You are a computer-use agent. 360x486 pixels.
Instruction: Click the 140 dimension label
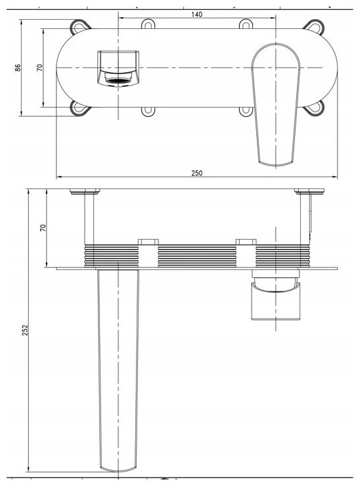pos(196,14)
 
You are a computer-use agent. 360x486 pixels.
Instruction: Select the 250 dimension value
pos(196,173)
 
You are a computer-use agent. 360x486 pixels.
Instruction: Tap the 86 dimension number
pos(18,68)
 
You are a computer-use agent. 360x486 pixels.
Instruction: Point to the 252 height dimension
pos(25,330)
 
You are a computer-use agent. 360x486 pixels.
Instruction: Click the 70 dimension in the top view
pos(39,68)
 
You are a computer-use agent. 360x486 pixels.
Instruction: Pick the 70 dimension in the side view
pos(43,228)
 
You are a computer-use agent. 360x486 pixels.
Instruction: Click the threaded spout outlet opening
pos(118,81)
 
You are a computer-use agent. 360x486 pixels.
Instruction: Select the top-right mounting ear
pos(315,26)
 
